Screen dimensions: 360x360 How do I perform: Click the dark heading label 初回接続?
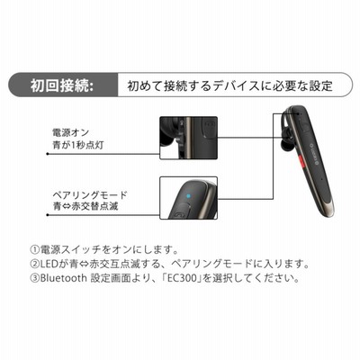[62, 86]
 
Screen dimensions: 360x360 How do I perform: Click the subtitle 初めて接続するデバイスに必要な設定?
[230, 85]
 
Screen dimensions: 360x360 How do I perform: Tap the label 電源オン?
[71, 132]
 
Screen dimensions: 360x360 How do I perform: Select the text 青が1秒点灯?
[78, 145]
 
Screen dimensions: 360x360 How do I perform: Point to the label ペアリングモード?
[90, 195]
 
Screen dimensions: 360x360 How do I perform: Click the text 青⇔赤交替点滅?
[85, 206]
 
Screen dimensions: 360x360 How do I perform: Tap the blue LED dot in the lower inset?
[188, 196]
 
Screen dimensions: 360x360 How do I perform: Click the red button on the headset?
[302, 161]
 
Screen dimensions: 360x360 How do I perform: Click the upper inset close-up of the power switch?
[188, 138]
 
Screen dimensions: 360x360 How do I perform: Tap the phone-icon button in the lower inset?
[179, 214]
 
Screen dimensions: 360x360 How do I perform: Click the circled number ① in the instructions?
[35, 249]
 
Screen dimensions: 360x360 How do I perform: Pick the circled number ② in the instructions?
[35, 264]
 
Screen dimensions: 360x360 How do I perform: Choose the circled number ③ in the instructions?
[35, 278]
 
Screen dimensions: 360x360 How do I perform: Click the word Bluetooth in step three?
[63, 278]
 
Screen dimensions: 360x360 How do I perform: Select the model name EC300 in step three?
[184, 278]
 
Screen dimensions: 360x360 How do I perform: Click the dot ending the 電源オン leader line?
[48, 154]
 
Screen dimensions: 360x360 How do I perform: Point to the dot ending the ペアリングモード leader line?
[48, 215]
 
